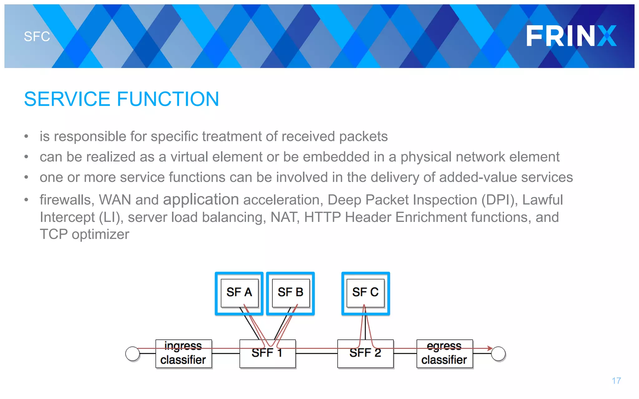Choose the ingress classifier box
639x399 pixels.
coord(183,354)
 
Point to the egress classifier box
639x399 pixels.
coord(444,354)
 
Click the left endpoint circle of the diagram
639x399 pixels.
coord(133,354)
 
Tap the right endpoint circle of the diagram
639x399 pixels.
coord(498,354)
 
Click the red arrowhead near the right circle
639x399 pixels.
coord(490,348)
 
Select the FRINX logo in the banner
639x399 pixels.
coord(571,36)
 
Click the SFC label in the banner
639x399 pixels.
coord(37,36)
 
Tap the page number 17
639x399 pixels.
coord(616,381)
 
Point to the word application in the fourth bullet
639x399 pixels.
coord(201,199)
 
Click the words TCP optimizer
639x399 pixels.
coord(84,234)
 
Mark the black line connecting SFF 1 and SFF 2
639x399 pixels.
coord(316,353)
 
